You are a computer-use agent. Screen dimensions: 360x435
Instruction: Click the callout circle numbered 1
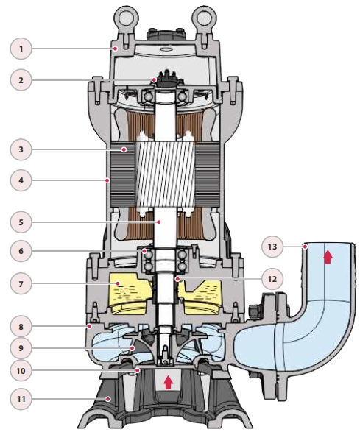tap(21, 49)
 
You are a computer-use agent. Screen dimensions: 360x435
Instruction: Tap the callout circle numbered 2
tap(21, 80)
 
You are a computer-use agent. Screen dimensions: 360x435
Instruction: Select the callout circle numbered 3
tap(21, 149)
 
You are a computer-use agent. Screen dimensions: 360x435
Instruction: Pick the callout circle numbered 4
tap(21, 180)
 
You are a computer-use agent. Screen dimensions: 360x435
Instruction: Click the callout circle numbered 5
tap(21, 222)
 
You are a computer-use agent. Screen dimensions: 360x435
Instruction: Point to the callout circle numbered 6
tap(21, 251)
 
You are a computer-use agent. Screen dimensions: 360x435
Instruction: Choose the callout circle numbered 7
tap(21, 283)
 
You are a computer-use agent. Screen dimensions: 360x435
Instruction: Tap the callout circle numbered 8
tap(21, 326)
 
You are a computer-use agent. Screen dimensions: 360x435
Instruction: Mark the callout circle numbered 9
tap(21, 348)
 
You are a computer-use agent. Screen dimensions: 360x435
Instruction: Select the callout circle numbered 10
tap(21, 371)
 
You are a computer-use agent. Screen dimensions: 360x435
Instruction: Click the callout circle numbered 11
tap(21, 399)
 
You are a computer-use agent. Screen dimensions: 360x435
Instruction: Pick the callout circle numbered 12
tap(272, 278)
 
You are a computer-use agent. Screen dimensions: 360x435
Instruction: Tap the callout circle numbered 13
tap(272, 247)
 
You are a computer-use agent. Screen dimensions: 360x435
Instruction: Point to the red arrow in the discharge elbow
tap(328, 257)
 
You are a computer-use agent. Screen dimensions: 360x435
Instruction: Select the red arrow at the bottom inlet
tap(168, 382)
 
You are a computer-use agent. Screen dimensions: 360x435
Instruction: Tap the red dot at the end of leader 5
tap(159, 222)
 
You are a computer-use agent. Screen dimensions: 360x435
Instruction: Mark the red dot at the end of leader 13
tap(305, 247)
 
